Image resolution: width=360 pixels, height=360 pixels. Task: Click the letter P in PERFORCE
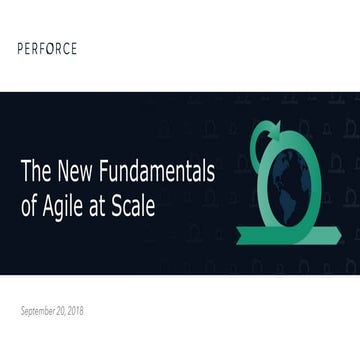pyautogui.click(x=21, y=47)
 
